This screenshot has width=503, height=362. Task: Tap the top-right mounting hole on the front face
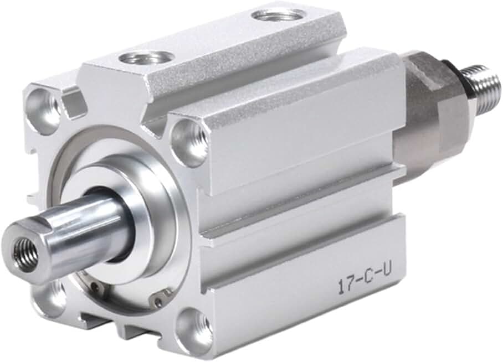(188, 138)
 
